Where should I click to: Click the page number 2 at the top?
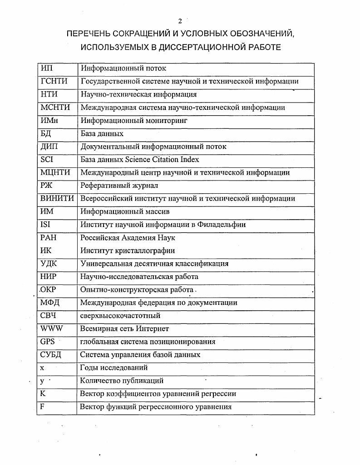pyautogui.click(x=180, y=21)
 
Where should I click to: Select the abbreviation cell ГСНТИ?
pyautogui.click(x=54, y=82)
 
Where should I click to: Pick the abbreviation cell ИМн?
pyautogui.click(x=49, y=121)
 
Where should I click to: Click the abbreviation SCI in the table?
pyautogui.click(x=47, y=160)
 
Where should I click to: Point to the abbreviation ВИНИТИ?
pyautogui.click(x=57, y=199)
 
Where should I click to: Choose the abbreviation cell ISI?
pyautogui.click(x=45, y=225)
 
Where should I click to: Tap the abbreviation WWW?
pyautogui.click(x=51, y=329)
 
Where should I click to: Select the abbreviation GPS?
pyautogui.click(x=47, y=342)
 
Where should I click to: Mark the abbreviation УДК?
pyautogui.click(x=49, y=264)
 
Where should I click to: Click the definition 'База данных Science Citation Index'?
pyautogui.click(x=140, y=160)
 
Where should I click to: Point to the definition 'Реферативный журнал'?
pyautogui.click(x=119, y=186)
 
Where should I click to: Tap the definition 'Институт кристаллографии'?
pyautogui.click(x=128, y=250)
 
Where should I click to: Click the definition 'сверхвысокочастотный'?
pyautogui.click(x=120, y=316)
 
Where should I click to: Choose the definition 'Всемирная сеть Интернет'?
pyautogui.click(x=124, y=329)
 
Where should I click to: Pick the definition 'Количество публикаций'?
pyautogui.click(x=122, y=381)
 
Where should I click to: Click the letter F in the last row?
pyautogui.click(x=42, y=406)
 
